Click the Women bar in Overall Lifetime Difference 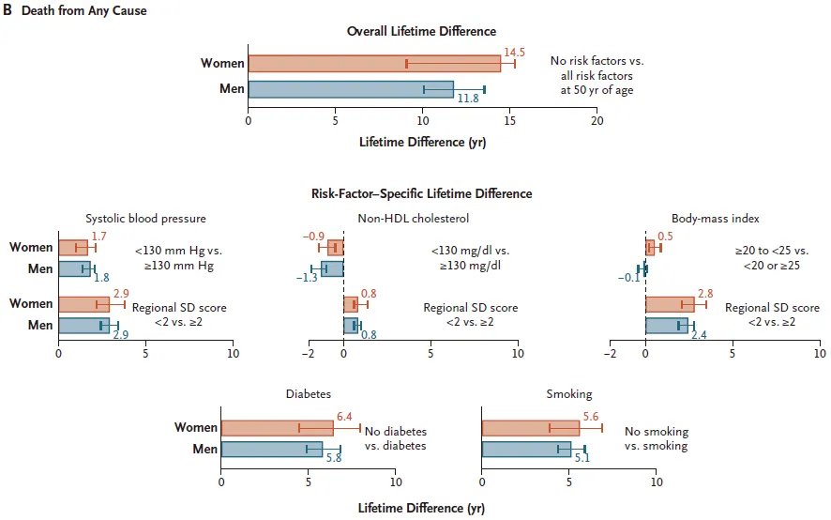point(373,64)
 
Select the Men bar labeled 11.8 point(350,89)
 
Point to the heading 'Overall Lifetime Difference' point(421,31)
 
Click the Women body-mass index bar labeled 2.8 point(670,304)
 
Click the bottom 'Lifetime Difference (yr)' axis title point(421,508)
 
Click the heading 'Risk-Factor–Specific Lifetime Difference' point(421,193)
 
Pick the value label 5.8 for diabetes point(334,458)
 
